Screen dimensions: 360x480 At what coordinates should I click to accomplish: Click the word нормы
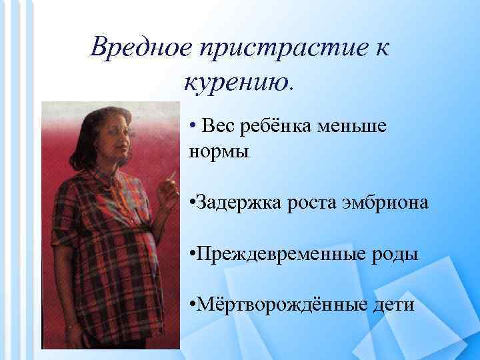[x=219, y=151]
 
